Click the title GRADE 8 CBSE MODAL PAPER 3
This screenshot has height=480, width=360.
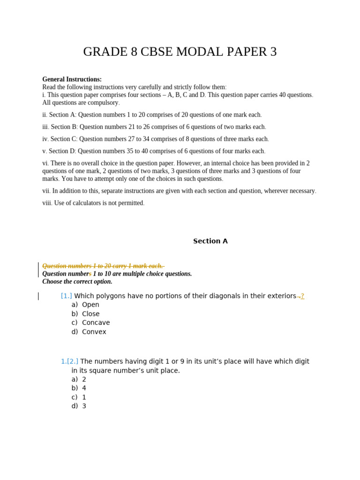point(180,52)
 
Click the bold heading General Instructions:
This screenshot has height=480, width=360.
point(72,79)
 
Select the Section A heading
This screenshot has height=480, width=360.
point(210,241)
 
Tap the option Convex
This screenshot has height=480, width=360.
point(94,332)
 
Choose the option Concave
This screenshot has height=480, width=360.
point(96,322)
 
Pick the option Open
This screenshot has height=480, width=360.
point(90,305)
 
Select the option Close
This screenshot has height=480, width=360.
point(90,314)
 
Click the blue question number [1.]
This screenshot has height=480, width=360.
point(66,296)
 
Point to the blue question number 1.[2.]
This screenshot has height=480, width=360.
point(69,361)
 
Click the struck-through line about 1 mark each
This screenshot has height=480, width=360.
point(103,266)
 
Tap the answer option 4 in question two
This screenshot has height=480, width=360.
point(84,388)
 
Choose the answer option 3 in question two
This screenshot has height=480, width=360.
point(84,406)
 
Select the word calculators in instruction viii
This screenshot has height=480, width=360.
point(82,203)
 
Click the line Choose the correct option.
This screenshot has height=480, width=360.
point(77,282)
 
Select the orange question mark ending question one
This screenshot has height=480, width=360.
point(302,296)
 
